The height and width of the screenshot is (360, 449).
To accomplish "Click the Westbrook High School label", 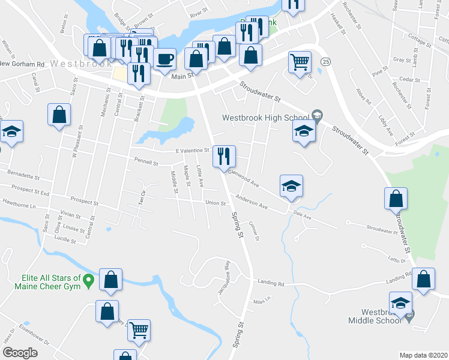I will pos(265,118).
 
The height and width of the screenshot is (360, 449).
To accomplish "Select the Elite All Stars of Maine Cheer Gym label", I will pos(43,282).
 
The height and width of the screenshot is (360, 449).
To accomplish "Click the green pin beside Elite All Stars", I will pos(89,280).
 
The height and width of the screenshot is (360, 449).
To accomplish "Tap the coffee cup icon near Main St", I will pos(164,59).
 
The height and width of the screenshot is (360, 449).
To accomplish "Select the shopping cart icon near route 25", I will pos(300,61).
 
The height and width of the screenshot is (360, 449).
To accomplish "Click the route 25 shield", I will pos(325,62).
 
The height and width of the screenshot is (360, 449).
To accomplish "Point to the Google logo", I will pos(20,353).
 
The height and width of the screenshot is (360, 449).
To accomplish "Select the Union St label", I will pos(215,203).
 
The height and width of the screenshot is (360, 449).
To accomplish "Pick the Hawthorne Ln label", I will pos(19,206).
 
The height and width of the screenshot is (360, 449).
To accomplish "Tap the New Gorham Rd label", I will pos(23,64).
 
